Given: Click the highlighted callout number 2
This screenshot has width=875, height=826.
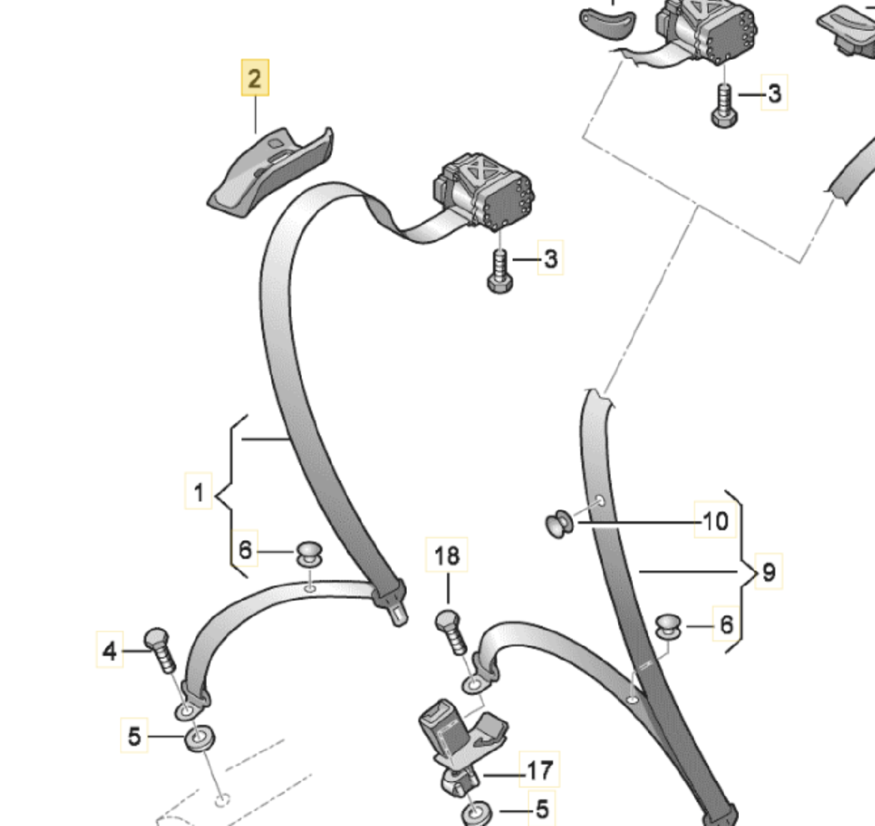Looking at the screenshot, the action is (255, 78).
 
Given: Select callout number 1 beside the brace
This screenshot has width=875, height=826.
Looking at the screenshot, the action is (198, 491).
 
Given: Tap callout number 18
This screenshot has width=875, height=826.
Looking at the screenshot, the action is (447, 555).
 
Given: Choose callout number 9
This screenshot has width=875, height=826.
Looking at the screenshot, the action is (769, 571).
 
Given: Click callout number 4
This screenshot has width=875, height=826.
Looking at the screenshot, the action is (109, 650).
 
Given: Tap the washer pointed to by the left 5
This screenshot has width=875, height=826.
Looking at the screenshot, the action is (199, 737).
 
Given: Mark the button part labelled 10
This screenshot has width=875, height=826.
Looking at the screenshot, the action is (560, 523).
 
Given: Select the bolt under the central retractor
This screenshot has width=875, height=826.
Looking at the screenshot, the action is (500, 271).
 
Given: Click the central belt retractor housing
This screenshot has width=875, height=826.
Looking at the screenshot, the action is (484, 191).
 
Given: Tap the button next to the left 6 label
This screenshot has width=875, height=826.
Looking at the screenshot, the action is (310, 554).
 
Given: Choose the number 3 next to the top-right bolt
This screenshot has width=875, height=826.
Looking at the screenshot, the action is (774, 94).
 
